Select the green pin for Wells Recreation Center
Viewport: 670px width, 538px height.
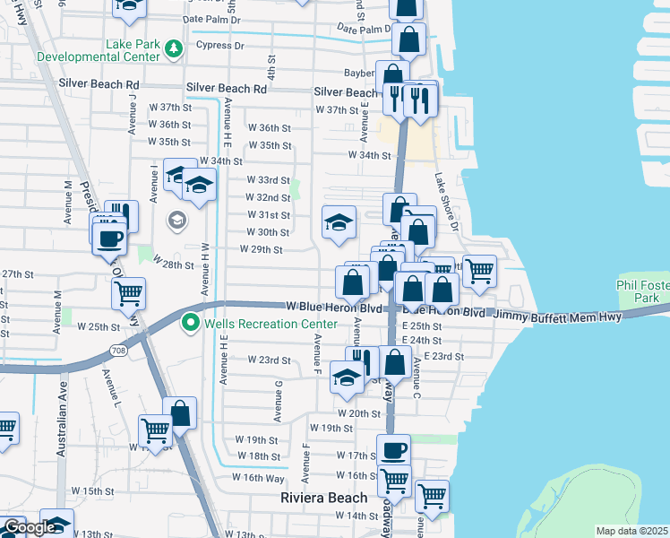190,323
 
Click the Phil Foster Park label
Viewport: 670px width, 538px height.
643,291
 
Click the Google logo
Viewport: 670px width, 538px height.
29,527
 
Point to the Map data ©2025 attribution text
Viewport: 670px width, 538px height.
631,531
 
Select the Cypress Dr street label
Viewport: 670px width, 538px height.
219,45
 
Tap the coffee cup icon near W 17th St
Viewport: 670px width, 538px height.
392,449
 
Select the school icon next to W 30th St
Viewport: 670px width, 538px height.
339,223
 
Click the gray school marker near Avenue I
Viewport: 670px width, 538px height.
176,219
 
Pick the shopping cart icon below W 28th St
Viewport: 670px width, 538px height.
129,292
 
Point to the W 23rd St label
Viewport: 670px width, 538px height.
270,360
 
